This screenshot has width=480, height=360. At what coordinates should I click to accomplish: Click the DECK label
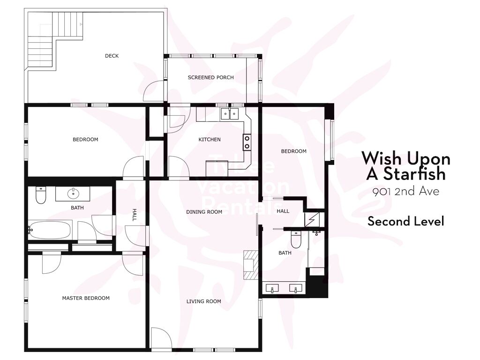(112, 56)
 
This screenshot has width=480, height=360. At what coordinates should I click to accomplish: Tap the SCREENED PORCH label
(210, 77)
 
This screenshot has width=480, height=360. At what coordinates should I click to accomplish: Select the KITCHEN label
(210, 140)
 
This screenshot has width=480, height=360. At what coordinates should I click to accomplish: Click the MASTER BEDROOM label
(86, 298)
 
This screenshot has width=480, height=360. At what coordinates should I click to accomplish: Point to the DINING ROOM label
(204, 212)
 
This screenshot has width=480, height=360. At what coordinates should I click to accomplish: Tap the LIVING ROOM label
(203, 301)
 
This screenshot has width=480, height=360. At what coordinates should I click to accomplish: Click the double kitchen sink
(230, 113)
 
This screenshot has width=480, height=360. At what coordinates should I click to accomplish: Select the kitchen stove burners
(247, 142)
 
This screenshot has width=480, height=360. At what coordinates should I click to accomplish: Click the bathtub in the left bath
(50, 230)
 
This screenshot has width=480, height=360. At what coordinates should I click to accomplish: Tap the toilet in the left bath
(41, 195)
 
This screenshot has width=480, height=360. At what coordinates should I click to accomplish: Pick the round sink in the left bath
(73, 194)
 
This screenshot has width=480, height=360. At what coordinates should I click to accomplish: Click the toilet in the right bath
(296, 240)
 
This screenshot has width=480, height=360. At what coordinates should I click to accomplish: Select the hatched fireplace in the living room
(251, 265)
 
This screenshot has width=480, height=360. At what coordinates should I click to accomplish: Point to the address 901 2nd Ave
(405, 192)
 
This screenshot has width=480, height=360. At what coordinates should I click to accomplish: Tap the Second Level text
(406, 221)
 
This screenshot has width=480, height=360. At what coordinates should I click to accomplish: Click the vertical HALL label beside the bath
(134, 215)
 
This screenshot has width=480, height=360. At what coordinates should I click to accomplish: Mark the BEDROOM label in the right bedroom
(293, 151)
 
